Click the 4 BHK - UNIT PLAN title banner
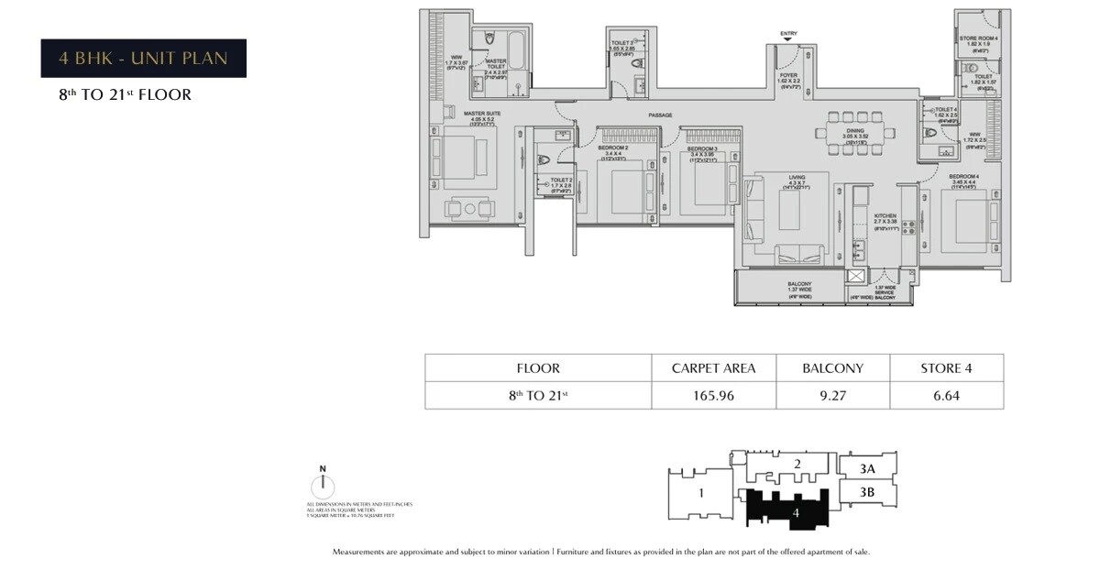coord(143,59)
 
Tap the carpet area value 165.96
coord(713,396)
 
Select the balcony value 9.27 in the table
coord(832,396)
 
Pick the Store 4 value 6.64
coord(946,396)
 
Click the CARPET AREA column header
coord(713,368)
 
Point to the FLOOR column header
coord(538,368)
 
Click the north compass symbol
coord(323,486)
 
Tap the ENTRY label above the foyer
coord(788,34)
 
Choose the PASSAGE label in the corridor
coord(660,115)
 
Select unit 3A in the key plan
coord(867,467)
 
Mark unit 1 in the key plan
coord(700,493)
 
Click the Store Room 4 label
coord(978,38)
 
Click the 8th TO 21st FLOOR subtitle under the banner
coord(126,94)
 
